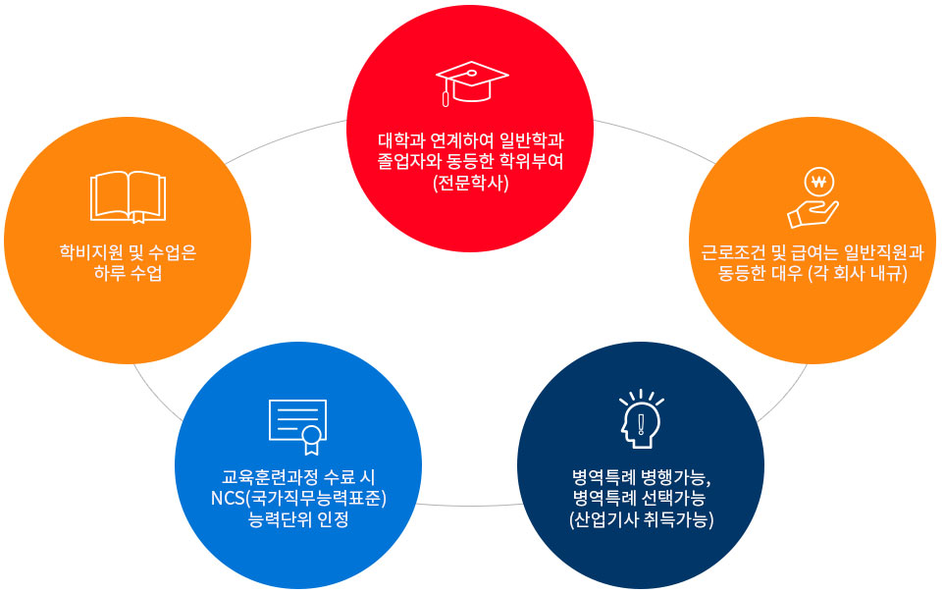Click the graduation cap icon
pyautogui.click(x=472, y=83)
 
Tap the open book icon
pyautogui.click(x=128, y=197)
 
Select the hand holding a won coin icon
pyautogui.click(x=813, y=197)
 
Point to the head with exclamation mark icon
pyautogui.click(x=641, y=418)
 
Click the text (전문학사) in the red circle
pyautogui.click(x=471, y=183)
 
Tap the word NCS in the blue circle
pyautogui.click(x=228, y=498)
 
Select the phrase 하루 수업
pyautogui.click(x=128, y=273)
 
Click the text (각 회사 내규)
pyautogui.click(x=858, y=273)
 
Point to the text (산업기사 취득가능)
pyautogui.click(x=641, y=518)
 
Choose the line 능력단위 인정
pyautogui.click(x=298, y=518)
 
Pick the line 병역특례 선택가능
pyautogui.click(x=640, y=498)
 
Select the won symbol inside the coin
pyautogui.click(x=818, y=182)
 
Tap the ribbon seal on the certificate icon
pyautogui.click(x=311, y=439)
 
